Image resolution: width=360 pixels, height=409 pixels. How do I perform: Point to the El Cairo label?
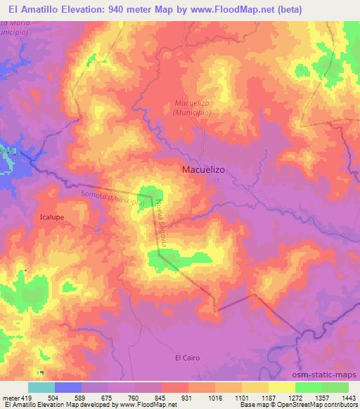tap(187, 358)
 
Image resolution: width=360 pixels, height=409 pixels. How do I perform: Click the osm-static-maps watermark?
tap(330, 375)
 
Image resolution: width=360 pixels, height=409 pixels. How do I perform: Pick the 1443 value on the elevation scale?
tap(348, 398)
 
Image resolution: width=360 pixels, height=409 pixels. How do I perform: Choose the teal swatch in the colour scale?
tap(41, 387)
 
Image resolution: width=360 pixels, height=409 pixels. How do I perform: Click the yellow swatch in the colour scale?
tap(281, 387)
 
